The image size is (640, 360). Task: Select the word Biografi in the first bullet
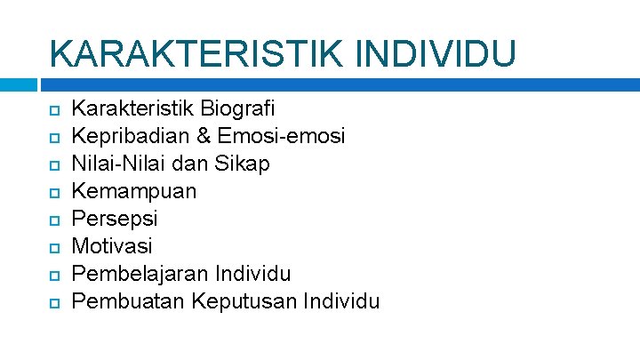click(x=238, y=109)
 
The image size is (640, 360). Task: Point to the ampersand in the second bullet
click(x=204, y=137)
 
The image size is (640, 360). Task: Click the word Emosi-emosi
click(x=281, y=137)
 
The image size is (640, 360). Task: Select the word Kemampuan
click(x=133, y=191)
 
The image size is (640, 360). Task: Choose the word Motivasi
click(x=112, y=245)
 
